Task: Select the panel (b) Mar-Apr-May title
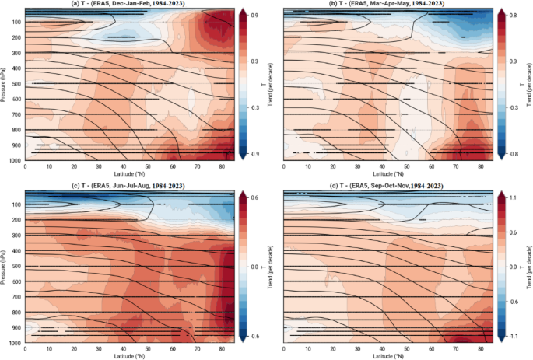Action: click(x=387, y=5)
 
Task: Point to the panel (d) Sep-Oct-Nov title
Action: click(x=387, y=183)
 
